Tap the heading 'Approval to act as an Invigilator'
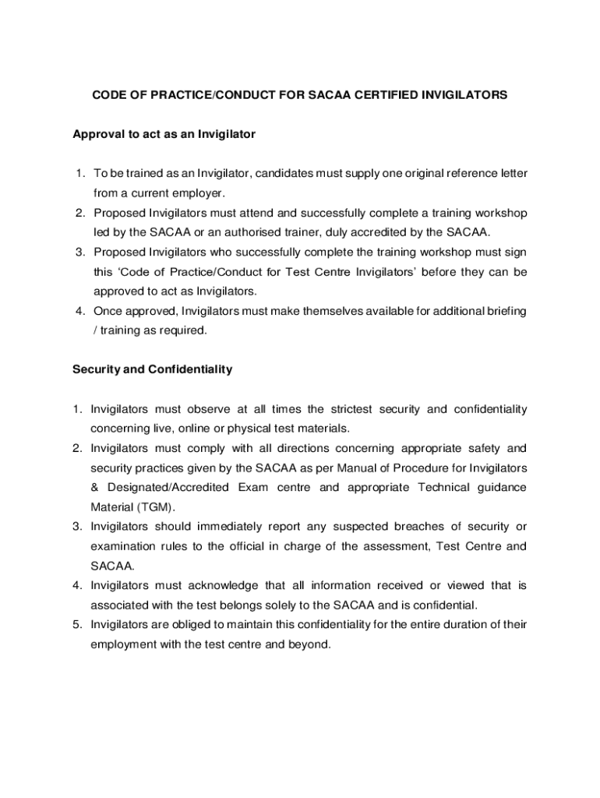click(x=164, y=134)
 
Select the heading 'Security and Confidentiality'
click(x=152, y=369)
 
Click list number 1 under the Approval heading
click(x=80, y=172)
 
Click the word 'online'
click(x=195, y=429)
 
